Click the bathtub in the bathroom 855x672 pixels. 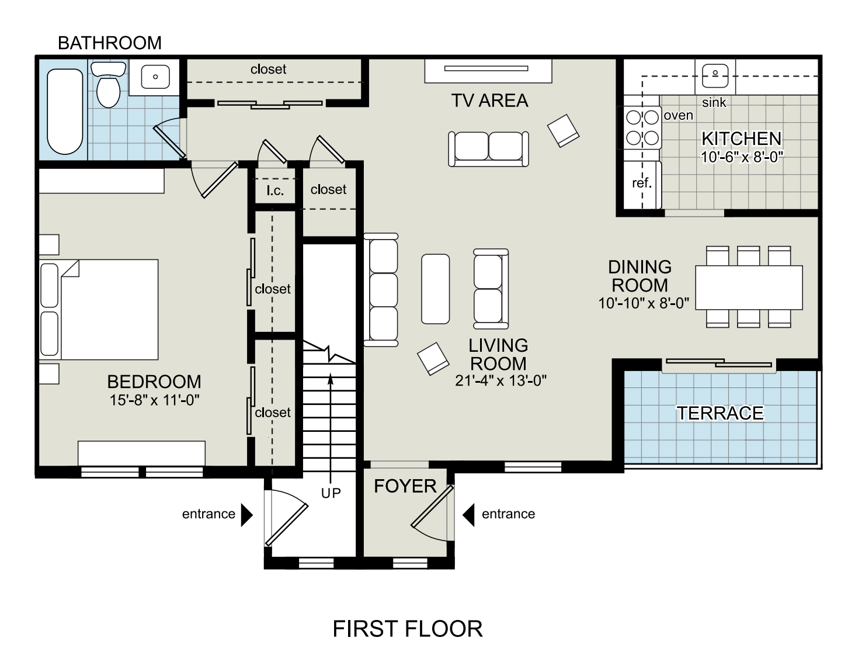pos(65,112)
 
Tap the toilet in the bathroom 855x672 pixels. pos(108,85)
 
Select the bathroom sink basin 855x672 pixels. pos(155,77)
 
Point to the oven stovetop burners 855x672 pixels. pos(642,127)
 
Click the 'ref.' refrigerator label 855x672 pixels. pos(642,183)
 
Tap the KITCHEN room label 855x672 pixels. pos(742,138)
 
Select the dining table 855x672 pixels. pos(749,287)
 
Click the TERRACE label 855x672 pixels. pos(720,413)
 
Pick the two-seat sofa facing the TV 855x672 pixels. pos(488,149)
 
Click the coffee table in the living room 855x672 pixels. pos(435,289)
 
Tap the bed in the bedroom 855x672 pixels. pos(99,310)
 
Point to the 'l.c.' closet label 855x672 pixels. pos(275,190)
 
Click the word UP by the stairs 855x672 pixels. pos(331,493)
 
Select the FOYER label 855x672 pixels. pos(405,486)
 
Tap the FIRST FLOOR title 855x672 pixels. pos(408,629)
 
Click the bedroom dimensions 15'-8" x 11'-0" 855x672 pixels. pos(154,400)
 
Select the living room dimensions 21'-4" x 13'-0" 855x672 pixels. pos(501,380)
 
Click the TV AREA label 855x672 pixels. pos(489,101)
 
